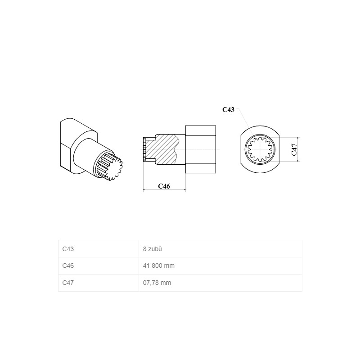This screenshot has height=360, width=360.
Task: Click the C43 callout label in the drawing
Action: [228, 110]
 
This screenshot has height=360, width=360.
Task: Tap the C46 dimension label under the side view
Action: [164, 186]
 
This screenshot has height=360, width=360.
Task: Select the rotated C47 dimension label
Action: [294, 150]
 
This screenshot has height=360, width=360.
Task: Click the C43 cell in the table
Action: [68, 249]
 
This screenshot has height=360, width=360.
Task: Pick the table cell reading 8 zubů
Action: [153, 249]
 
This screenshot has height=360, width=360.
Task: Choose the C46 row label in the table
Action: [68, 265]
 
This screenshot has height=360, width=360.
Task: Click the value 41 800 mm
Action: [159, 265]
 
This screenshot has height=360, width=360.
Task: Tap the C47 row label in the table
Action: [68, 283]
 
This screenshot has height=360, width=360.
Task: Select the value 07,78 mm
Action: [157, 283]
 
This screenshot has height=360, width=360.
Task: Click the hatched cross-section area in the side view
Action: [163, 149]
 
